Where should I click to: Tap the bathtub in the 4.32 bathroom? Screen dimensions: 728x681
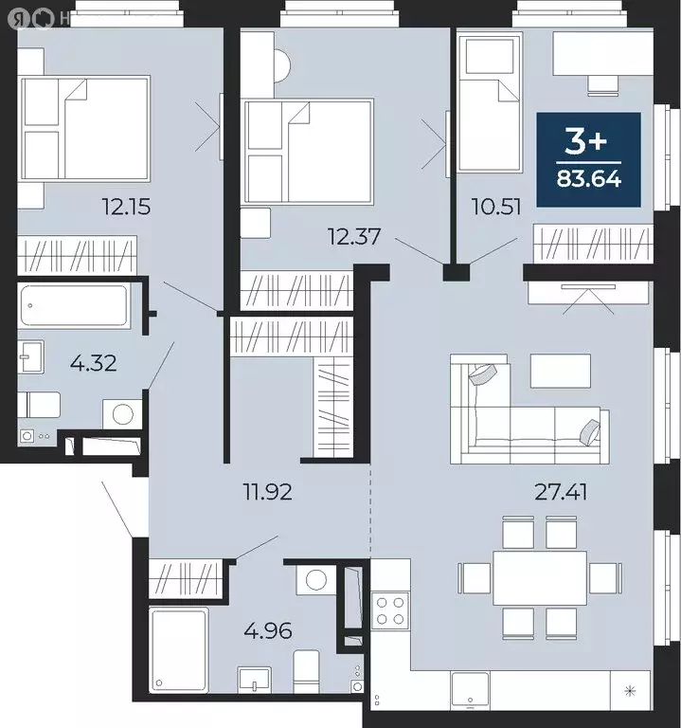pyautogui.click(x=74, y=305)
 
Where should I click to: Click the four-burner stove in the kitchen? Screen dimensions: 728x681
pyautogui.click(x=389, y=609)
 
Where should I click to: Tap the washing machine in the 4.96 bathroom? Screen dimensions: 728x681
pyautogui.click(x=316, y=580)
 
